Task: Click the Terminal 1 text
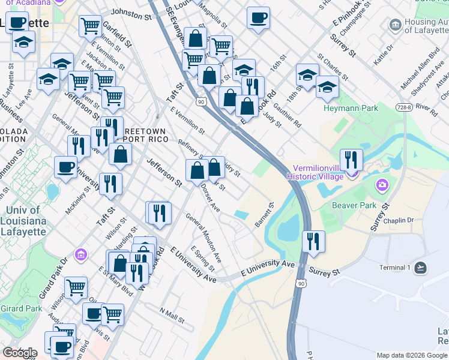pos(394,268)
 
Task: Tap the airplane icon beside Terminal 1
pos(421,268)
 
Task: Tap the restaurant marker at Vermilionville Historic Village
pos(351,160)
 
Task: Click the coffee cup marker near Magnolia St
pos(258,18)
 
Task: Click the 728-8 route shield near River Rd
pos(404,107)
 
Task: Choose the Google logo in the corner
pos(20,353)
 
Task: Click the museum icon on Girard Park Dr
pos(80,255)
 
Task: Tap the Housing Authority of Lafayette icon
pos(395,25)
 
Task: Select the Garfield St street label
pos(117,35)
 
